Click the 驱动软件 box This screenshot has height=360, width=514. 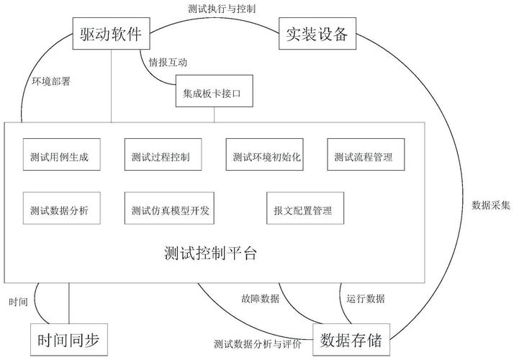[110, 35]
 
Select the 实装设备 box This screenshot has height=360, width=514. [317, 35]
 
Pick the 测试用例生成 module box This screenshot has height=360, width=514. [59, 156]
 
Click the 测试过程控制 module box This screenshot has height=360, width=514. [161, 156]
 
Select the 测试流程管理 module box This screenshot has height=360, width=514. [364, 156]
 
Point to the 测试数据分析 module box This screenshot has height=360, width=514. [59, 211]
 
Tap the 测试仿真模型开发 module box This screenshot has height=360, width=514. [170, 211]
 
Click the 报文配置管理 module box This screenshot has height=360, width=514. [302, 211]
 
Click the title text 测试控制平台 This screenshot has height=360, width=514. [210, 253]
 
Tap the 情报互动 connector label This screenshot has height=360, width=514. [167, 63]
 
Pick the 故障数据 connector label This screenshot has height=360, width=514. [261, 298]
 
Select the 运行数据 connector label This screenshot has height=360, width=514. [365, 298]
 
